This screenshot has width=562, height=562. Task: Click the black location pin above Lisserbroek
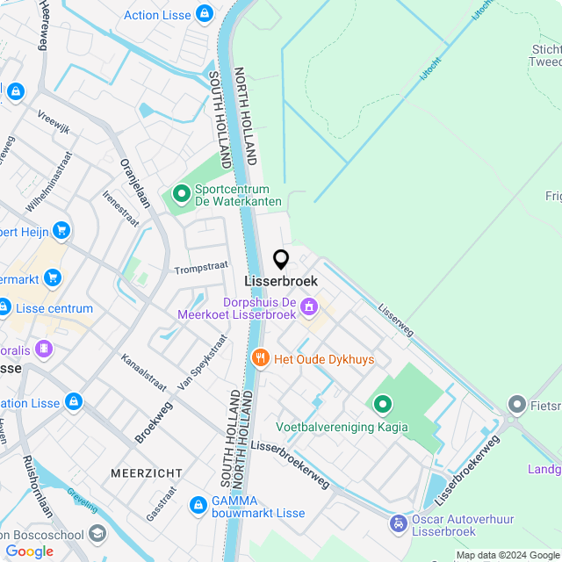coord(281,259)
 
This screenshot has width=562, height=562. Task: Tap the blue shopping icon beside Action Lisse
coord(205,14)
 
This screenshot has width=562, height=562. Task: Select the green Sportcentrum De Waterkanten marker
coord(182,193)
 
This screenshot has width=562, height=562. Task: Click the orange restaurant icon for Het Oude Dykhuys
coord(260,358)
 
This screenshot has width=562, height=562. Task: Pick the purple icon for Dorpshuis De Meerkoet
coord(309,307)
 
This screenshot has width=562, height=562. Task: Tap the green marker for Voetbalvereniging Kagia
coord(383,405)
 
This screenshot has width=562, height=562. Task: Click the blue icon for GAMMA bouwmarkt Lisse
coord(198,506)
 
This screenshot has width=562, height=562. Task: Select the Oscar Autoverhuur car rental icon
coord(399,524)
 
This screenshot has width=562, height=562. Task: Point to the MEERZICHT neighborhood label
coord(147,473)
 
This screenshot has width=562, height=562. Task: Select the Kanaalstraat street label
coord(144,374)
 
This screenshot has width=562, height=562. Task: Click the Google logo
coord(29,551)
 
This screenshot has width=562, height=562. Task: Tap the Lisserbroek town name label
coord(281,281)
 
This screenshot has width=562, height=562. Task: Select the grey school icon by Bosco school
coord(97,534)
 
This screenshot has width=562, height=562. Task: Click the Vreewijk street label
coord(54,120)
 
